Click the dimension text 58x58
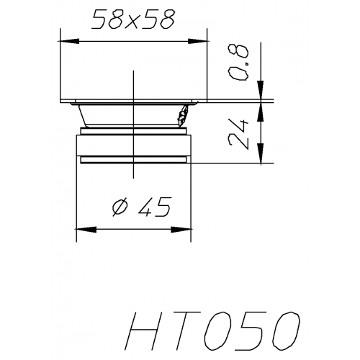coord(134,21)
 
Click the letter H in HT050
coord(147,333)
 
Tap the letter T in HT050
coord(189,333)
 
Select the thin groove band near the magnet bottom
coord(133,159)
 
